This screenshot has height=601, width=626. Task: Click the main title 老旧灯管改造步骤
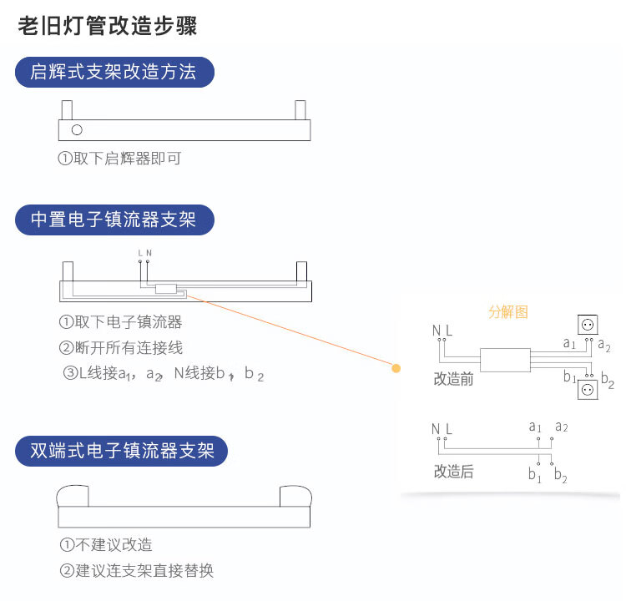pos(108,25)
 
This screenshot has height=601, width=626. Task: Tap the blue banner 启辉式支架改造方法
pos(114,73)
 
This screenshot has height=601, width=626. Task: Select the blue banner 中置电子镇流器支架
pos(114,220)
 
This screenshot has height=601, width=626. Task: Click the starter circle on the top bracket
pos(77,129)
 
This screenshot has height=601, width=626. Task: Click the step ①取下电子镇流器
pos(120,322)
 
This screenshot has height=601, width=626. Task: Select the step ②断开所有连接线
pos(120,347)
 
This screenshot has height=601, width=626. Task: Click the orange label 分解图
pos(508,312)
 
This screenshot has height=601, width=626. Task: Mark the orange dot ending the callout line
pos(396,367)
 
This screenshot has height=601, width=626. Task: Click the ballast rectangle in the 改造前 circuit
pos(505,360)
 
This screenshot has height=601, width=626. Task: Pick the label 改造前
pos(453,379)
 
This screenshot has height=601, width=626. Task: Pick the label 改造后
pos(453,472)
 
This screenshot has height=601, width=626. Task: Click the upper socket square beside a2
pos(588,325)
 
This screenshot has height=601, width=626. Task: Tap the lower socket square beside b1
pos(588,390)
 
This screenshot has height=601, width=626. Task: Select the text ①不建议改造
pos(106,545)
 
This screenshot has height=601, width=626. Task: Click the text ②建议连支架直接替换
pos(137,571)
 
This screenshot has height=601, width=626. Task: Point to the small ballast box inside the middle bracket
pos(165,289)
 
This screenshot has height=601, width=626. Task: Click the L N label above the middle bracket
pos(144,252)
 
